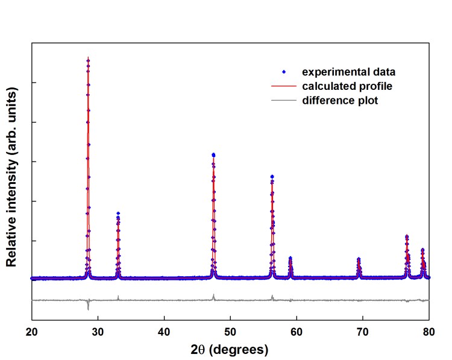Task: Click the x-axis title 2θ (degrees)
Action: pos(230,350)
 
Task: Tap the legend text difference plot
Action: pos(341,101)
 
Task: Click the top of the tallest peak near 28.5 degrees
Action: pos(88,58)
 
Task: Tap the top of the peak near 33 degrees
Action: pos(118,213)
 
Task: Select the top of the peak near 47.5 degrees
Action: pos(213,155)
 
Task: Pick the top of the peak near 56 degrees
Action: pos(272,177)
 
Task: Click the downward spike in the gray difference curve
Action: pos(88,308)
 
